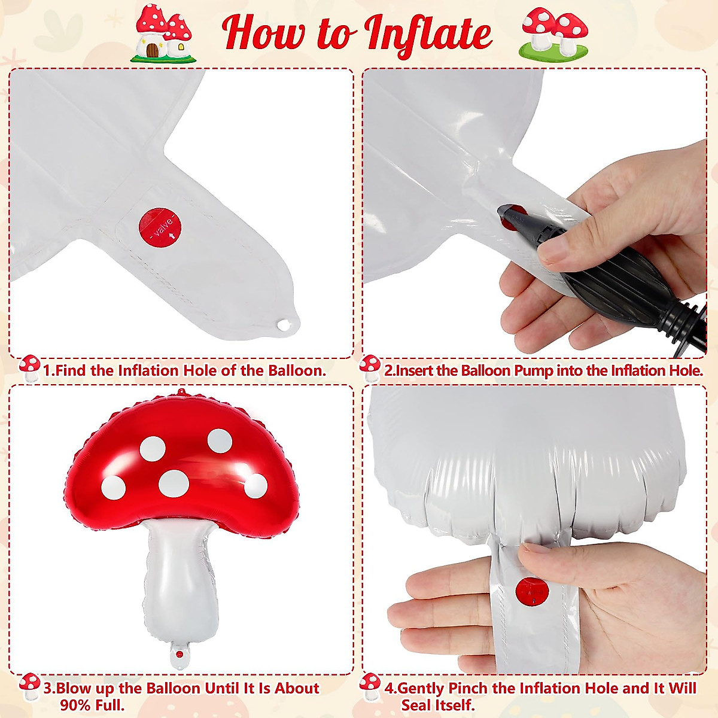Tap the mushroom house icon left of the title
click(163, 34)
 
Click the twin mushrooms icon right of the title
click(554, 33)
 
